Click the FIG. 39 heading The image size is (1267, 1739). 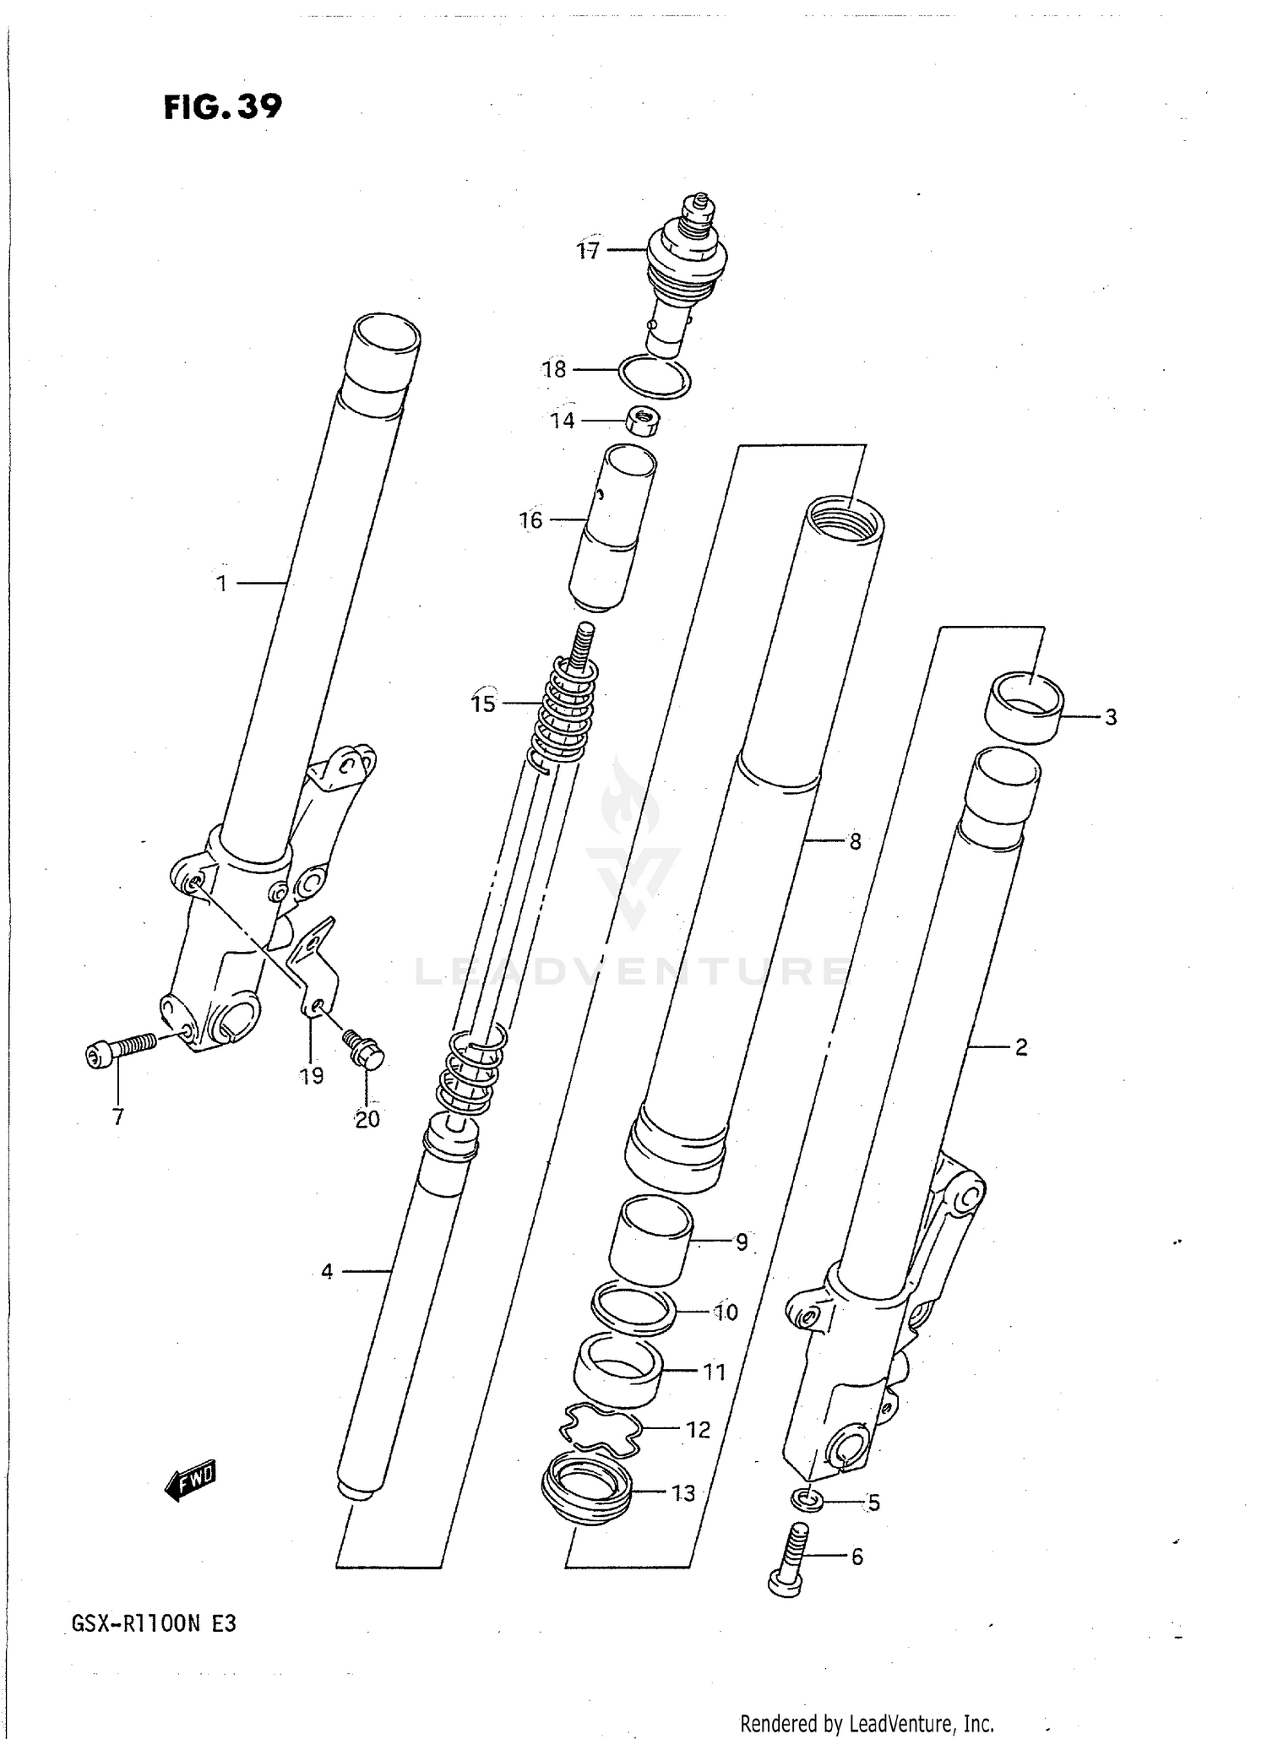tap(222, 107)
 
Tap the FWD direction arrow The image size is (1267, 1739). tap(191, 1481)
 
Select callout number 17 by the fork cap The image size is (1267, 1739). tap(588, 251)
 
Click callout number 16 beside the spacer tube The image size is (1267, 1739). tap(530, 520)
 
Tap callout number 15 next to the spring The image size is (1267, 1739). tap(483, 704)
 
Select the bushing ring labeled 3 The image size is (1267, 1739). tap(1024, 707)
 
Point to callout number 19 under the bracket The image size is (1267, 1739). tap(312, 1075)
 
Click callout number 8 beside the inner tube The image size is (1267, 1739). tap(855, 841)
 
